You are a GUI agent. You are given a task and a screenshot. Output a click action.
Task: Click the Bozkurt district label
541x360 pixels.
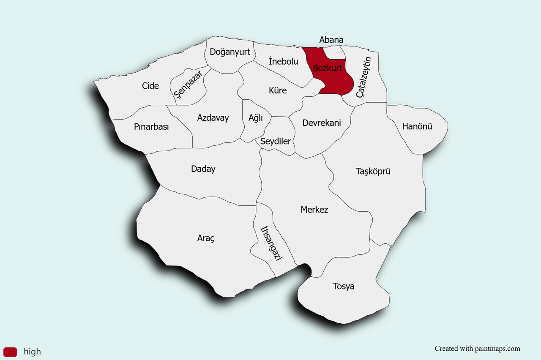[x=328, y=68]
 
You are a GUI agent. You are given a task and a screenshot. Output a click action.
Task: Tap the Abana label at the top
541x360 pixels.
[x=331, y=40]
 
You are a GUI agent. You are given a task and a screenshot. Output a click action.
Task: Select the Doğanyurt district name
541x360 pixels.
[x=230, y=52]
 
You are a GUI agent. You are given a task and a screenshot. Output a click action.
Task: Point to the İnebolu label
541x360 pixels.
[x=283, y=61]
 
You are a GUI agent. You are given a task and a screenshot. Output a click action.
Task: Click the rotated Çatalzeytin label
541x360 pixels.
[x=363, y=77]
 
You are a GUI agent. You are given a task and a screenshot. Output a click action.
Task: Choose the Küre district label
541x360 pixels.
[x=278, y=90]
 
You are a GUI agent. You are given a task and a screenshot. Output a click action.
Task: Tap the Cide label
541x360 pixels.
[x=150, y=86]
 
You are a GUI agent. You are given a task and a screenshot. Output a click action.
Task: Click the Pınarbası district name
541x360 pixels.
[x=151, y=127]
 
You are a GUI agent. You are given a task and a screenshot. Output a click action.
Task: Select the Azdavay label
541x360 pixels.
[x=213, y=118]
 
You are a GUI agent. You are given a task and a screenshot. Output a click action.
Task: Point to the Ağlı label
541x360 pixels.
[x=256, y=118]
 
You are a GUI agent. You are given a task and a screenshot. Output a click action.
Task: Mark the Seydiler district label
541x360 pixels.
[x=276, y=141]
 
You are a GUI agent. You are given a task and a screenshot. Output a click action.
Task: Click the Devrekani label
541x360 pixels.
[x=322, y=123]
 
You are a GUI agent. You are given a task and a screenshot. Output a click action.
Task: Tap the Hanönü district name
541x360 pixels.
[x=417, y=126]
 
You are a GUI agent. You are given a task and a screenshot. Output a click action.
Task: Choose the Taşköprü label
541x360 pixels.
[x=373, y=171]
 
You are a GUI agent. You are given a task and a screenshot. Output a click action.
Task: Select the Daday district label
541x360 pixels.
[x=203, y=169]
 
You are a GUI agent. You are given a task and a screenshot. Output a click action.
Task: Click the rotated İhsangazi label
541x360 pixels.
[x=271, y=243]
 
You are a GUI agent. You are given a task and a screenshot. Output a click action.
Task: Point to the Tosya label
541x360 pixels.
[x=344, y=286]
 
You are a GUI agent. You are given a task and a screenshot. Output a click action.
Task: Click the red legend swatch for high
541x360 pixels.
[x=10, y=352]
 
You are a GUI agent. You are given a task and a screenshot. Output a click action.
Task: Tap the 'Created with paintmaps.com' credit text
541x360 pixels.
[x=477, y=349]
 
